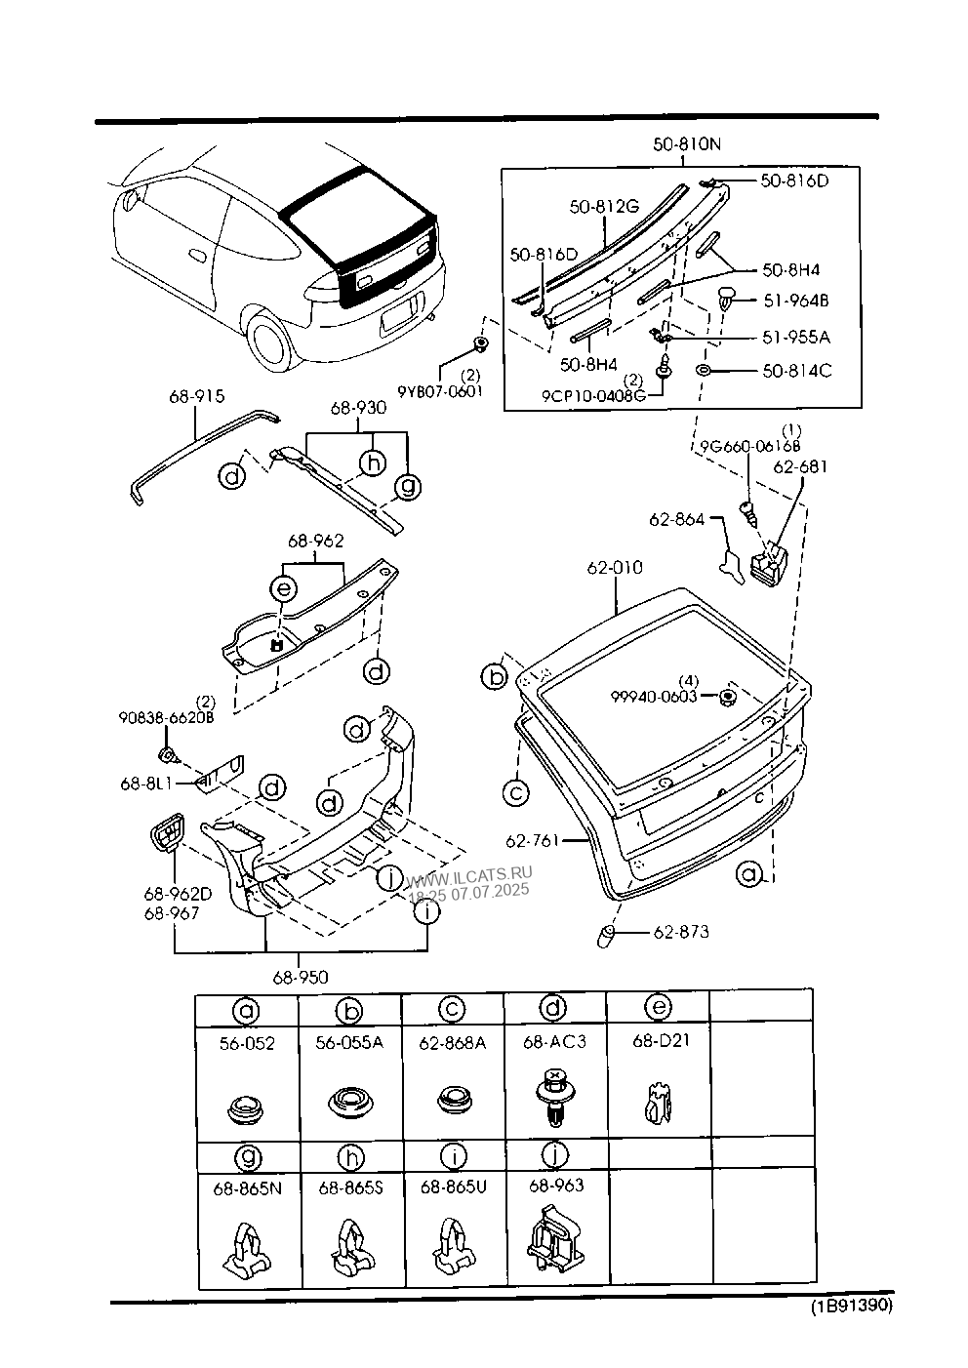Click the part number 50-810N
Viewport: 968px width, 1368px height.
pos(686,144)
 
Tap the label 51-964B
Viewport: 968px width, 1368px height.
pos(796,301)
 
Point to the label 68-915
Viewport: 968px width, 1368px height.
pos(197,396)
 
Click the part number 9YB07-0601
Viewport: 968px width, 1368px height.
pos(440,391)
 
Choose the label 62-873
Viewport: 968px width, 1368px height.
pos(681,932)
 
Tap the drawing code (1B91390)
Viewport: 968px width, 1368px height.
pos(852,1307)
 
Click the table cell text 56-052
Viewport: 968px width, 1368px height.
pos(247,1043)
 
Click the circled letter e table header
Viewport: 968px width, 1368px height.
pos(659,1006)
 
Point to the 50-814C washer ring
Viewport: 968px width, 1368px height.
pos(703,370)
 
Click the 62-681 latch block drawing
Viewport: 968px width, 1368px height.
pos(768,562)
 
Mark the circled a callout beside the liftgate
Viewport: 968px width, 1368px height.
pos(748,874)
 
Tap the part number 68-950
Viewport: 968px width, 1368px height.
pos(301,977)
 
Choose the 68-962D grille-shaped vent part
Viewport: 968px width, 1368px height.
pos(167,831)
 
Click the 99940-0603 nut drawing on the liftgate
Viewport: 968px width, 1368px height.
pos(727,697)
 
